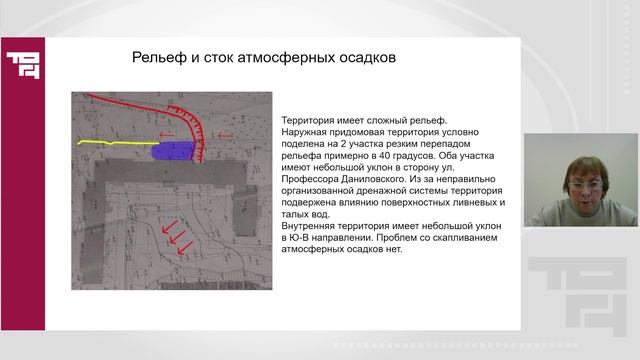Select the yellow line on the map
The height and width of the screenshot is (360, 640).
point(110,144)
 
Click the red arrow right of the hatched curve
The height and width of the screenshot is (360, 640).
point(225,136)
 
